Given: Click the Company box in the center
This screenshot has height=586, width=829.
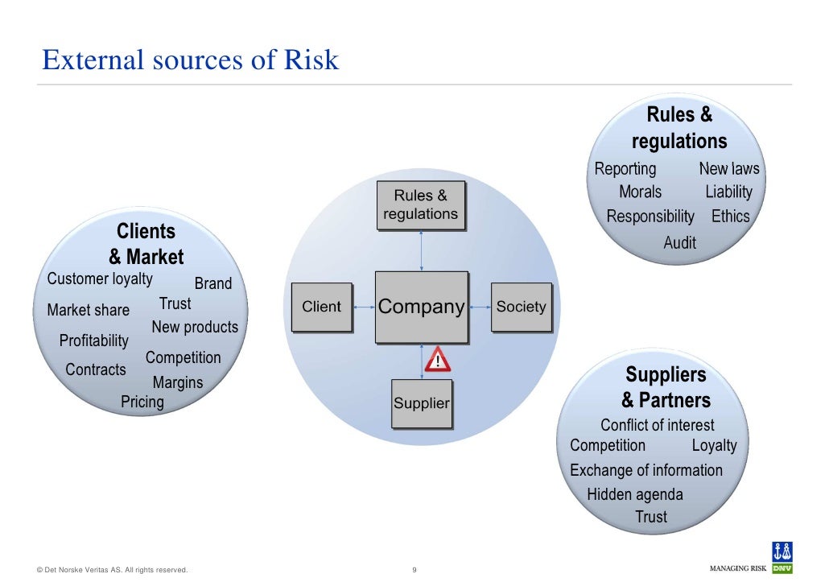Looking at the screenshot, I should pos(421,307).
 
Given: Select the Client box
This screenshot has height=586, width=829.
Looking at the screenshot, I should pos(321,307).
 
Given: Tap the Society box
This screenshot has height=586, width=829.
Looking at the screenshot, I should pos(521,307).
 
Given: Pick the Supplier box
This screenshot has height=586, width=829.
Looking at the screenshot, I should pos(421,402).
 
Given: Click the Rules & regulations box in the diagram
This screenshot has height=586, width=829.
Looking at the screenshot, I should pos(420,204).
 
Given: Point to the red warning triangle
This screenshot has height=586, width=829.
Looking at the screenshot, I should pos(438,358).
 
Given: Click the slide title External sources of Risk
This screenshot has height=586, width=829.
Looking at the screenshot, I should pos(191,60).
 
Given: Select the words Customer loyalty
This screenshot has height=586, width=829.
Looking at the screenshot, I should pos(100,279).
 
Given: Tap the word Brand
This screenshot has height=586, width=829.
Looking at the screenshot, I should pos(213,283).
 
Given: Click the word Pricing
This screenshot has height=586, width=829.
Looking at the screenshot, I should pos(142,402).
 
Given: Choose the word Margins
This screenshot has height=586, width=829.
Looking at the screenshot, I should pos(178,382).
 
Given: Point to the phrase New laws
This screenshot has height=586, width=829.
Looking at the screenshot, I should pos(728,169).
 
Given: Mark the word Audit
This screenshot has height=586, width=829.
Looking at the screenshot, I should pos(679,242).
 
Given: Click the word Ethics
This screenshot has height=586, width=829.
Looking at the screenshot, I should pos(730,217).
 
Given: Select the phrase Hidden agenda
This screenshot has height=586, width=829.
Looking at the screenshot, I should pos(635,494).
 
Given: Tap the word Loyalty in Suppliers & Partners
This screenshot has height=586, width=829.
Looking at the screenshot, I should pos(714,445).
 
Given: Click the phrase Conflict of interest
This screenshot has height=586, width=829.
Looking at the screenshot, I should pos(657,425).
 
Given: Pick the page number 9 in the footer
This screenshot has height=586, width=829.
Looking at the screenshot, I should pos(414,571).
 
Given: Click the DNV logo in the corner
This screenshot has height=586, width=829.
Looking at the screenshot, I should pos(782,557).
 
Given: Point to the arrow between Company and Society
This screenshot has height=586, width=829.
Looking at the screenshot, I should pos(480,307).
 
